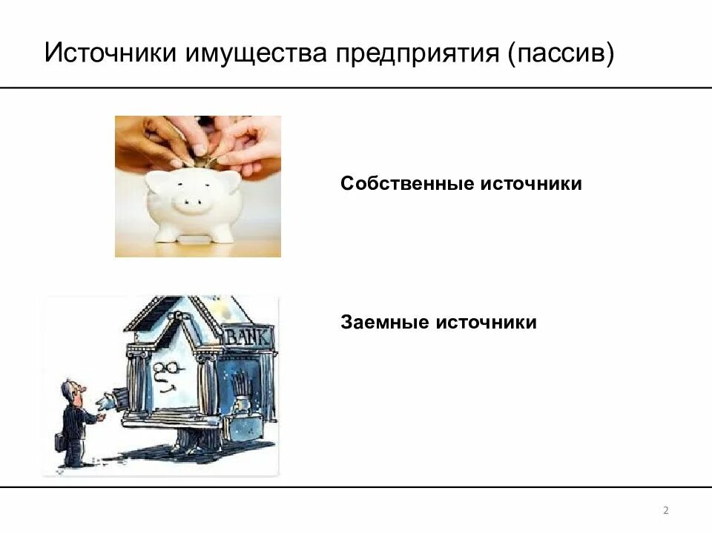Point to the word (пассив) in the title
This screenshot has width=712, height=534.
[561, 54]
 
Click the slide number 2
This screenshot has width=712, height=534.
[665, 510]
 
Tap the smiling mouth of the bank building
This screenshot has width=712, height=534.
[171, 386]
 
